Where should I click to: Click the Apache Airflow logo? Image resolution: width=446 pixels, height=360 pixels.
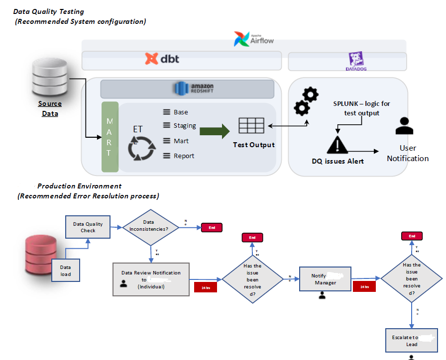click(253, 39)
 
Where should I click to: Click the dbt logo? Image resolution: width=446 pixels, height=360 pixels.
click(162, 59)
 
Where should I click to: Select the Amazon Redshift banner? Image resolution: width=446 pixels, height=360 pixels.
click(187, 89)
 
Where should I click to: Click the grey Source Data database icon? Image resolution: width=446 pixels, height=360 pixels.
click(49, 78)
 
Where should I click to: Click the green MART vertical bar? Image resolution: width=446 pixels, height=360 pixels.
click(110, 137)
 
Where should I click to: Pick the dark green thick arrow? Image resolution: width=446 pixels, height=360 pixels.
click(215, 131)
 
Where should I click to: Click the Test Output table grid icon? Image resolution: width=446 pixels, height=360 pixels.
click(251, 126)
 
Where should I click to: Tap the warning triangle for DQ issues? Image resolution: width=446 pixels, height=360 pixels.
click(337, 145)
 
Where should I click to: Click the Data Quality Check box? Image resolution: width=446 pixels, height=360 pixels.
click(88, 227)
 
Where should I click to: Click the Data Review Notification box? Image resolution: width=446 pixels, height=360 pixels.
click(151, 279)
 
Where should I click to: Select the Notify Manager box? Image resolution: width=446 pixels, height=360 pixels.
click(325, 279)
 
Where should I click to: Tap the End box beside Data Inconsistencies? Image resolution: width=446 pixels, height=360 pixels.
click(212, 227)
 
